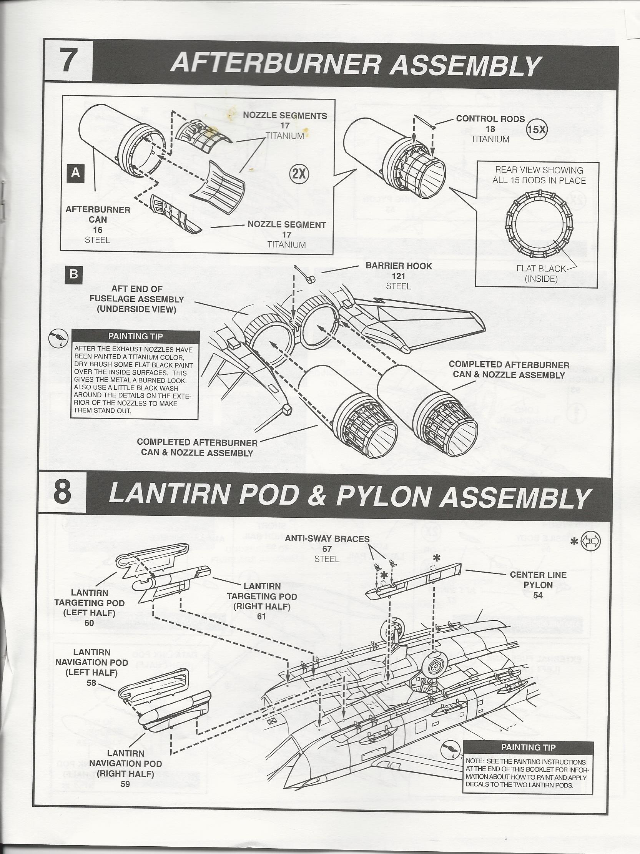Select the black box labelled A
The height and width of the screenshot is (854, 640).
[x=76, y=173]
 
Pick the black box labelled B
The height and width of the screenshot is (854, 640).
[x=74, y=274]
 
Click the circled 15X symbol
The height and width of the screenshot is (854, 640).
[x=537, y=130]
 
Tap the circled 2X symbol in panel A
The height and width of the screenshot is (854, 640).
[x=299, y=174]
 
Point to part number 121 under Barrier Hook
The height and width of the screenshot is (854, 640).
[x=398, y=276]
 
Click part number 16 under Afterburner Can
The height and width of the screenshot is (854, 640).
[x=97, y=230]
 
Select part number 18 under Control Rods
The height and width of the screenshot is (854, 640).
[x=490, y=130]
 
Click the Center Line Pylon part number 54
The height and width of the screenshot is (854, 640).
[x=538, y=596]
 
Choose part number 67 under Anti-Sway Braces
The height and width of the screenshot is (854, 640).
[x=327, y=549]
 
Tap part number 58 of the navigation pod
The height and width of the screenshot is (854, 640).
[x=91, y=683]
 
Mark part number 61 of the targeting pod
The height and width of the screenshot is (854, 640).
[x=261, y=616]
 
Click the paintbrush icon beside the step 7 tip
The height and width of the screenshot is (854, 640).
[x=58, y=339]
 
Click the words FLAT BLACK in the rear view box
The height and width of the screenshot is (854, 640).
[x=541, y=269]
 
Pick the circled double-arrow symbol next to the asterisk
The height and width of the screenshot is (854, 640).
[x=590, y=542]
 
